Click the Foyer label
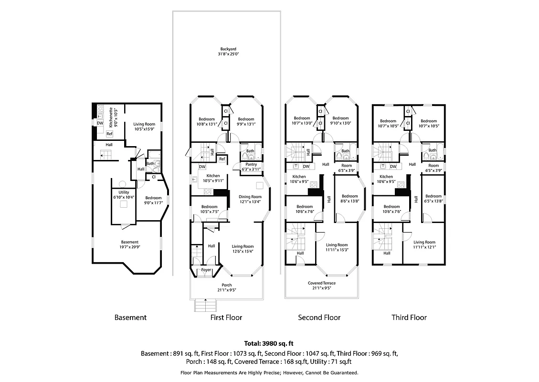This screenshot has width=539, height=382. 206,270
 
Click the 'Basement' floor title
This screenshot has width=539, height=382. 130,318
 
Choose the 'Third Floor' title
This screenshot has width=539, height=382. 409,318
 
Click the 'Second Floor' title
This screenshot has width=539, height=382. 319,318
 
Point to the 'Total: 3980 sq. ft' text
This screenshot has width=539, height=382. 269,343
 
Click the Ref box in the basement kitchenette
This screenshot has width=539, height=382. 109,134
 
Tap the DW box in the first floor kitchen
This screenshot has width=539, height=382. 202,167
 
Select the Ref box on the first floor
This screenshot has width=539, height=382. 222,159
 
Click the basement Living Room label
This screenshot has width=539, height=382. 144,127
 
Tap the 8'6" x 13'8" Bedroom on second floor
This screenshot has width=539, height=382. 349,199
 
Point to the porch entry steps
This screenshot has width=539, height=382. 205,305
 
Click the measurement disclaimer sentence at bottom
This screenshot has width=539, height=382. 269,372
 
